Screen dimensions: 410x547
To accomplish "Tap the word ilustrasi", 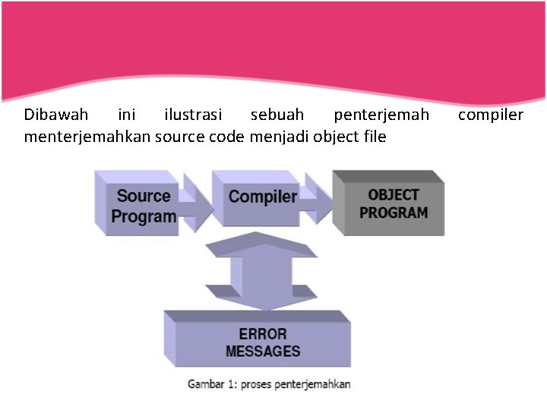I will coord(193,115).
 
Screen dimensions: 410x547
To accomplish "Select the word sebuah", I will coord(277,115).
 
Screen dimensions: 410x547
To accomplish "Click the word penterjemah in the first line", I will coord(381,115).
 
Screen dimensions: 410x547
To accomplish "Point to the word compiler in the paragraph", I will coord(490,115).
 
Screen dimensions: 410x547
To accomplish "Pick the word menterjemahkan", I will coord(87,137).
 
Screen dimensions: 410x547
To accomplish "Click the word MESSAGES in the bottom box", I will coord(263,352).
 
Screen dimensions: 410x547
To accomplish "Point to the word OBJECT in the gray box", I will coord(394,195).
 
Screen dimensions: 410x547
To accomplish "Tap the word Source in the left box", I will coord(144,196).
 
